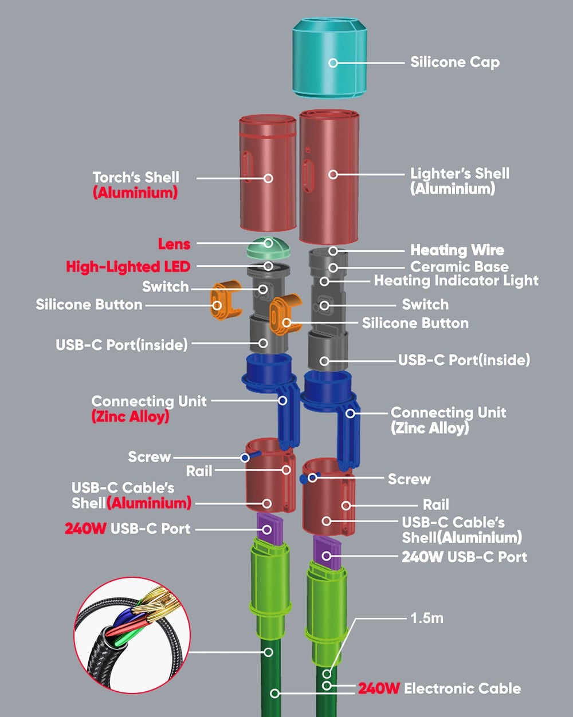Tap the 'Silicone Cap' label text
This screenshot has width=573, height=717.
(454, 62)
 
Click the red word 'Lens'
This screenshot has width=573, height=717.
(174, 244)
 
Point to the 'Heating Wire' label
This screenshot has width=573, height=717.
(457, 250)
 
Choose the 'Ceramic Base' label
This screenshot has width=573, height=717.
(459, 266)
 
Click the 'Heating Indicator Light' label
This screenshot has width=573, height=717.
(456, 281)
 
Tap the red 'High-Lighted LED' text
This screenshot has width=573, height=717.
(128, 266)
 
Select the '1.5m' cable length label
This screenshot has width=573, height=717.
(426, 618)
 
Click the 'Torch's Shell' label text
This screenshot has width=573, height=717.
(136, 177)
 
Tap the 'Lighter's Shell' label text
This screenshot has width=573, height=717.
(460, 174)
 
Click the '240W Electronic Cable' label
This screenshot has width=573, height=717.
(439, 688)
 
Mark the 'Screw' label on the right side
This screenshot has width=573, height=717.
(409, 479)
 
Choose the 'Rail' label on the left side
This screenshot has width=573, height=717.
(199, 471)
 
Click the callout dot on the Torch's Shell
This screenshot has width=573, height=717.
(268, 178)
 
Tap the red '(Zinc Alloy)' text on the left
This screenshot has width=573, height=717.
(130, 416)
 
